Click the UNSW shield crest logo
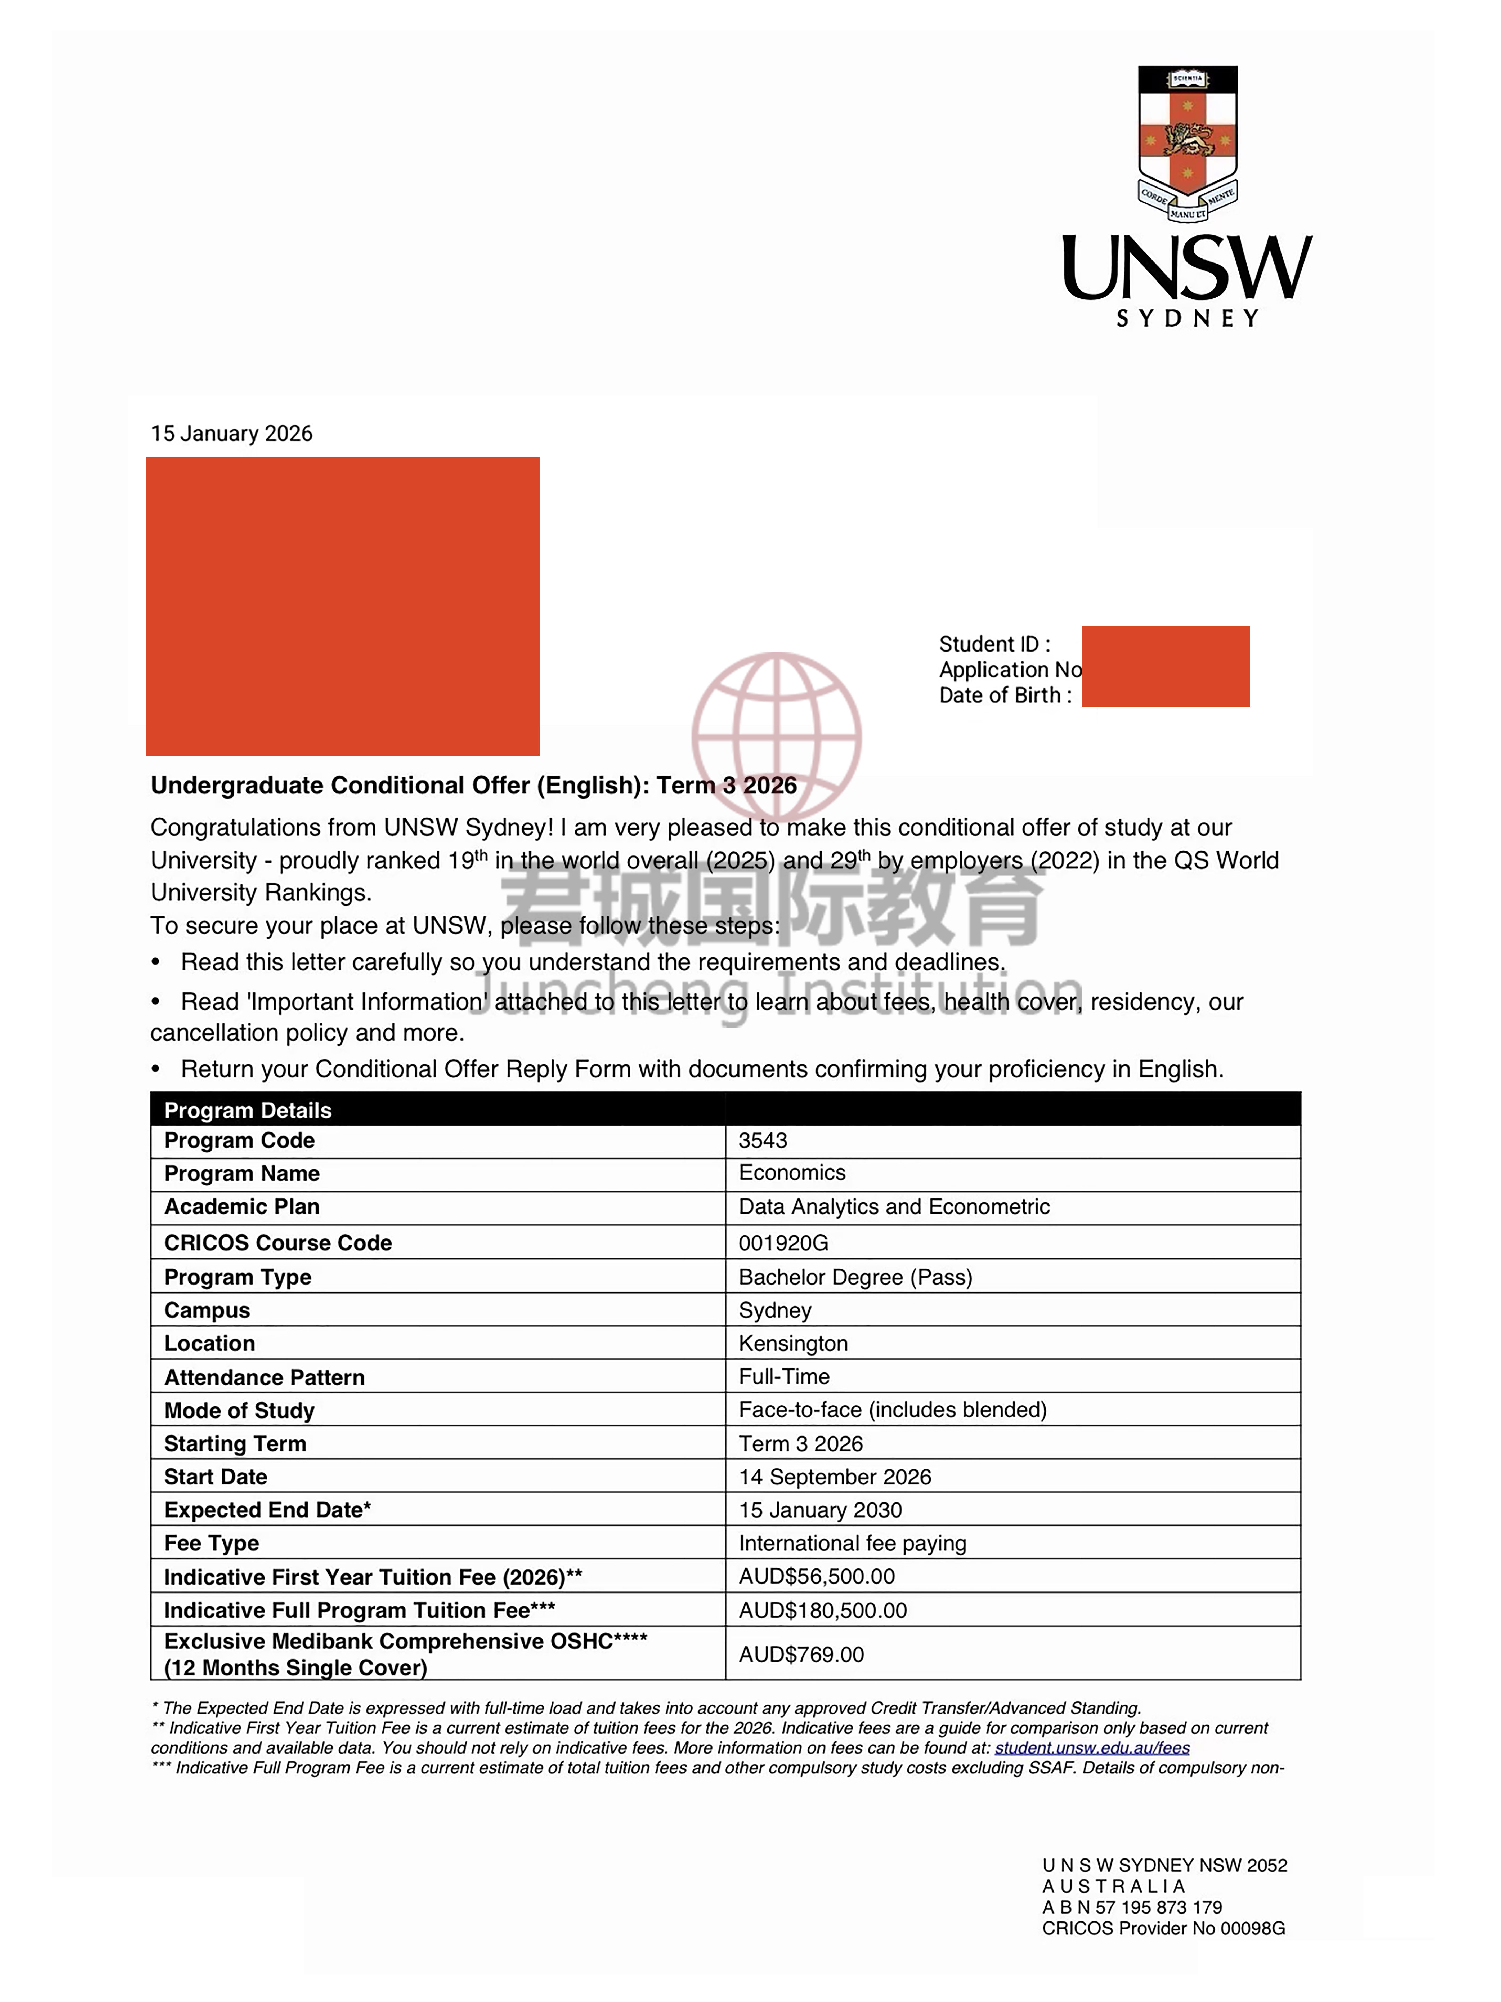[x=1187, y=142]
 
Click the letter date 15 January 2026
[x=232, y=434]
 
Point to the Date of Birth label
[x=1004, y=695]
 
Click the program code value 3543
[x=763, y=1140]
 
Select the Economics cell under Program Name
[x=792, y=1173]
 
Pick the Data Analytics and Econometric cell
[x=894, y=1206]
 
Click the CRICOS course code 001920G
[x=783, y=1243]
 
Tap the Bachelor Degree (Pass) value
[x=855, y=1277]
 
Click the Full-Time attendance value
[x=783, y=1377]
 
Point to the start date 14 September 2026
[x=834, y=1477]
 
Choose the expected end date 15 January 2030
[x=820, y=1510]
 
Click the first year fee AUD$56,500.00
[x=816, y=1577]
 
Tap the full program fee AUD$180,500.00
[x=822, y=1610]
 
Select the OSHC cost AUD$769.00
[x=801, y=1655]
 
